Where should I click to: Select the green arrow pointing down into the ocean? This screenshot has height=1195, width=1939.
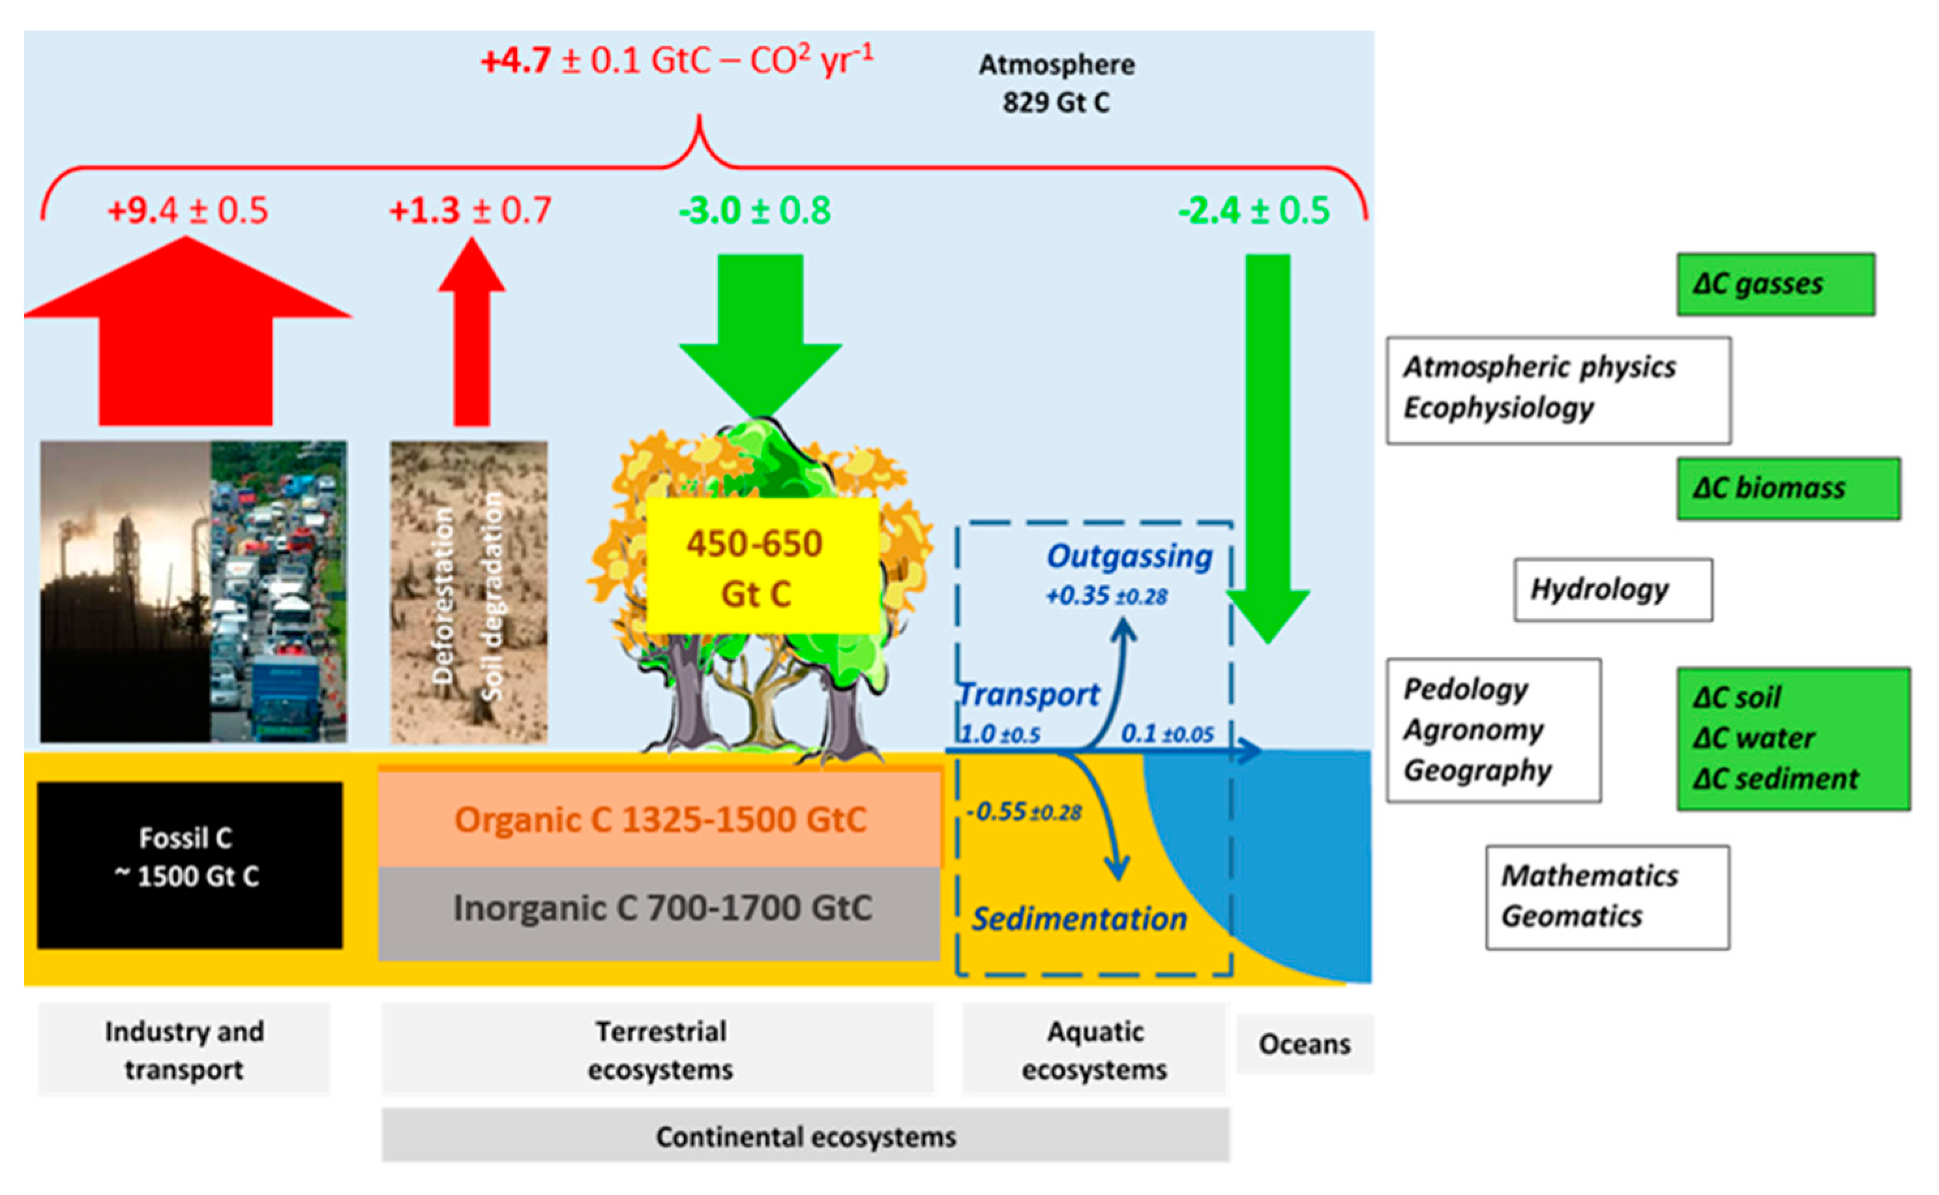click(1268, 443)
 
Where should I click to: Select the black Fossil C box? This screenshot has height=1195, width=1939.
click(190, 864)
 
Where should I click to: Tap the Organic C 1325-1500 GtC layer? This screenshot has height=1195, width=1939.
click(659, 819)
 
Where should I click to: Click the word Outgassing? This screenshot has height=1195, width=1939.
click(1129, 556)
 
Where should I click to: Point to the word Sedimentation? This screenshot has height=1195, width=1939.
click(1079, 919)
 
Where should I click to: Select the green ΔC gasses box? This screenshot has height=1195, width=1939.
click(1775, 284)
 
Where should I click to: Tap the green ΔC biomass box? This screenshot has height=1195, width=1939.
click(1788, 488)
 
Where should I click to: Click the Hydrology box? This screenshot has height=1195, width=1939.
click(1612, 589)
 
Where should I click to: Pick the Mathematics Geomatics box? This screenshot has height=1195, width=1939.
click(1606, 897)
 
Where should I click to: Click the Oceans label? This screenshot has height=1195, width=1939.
click(1304, 1044)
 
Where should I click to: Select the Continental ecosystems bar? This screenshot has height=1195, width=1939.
click(805, 1136)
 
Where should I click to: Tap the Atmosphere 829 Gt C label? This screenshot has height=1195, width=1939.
click(1056, 83)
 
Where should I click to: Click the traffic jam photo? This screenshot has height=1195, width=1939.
click(278, 591)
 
